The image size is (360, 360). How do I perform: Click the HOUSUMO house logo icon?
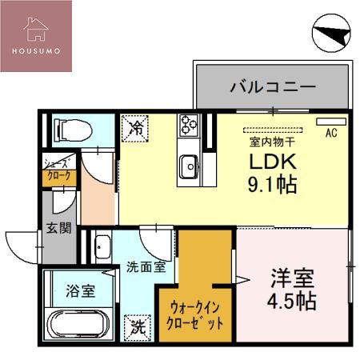(35, 27)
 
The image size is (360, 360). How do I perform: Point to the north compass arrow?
(330, 34)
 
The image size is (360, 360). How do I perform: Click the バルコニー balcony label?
(273, 86)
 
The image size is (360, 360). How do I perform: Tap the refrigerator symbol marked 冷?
(136, 127)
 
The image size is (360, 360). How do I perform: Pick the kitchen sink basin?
(189, 166)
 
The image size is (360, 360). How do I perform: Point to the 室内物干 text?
(272, 142)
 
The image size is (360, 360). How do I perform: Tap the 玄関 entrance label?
(58, 227)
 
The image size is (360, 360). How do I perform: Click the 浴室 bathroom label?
(80, 290)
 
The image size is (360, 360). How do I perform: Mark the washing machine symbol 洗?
(138, 326)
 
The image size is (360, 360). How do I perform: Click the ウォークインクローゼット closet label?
(195, 314)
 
